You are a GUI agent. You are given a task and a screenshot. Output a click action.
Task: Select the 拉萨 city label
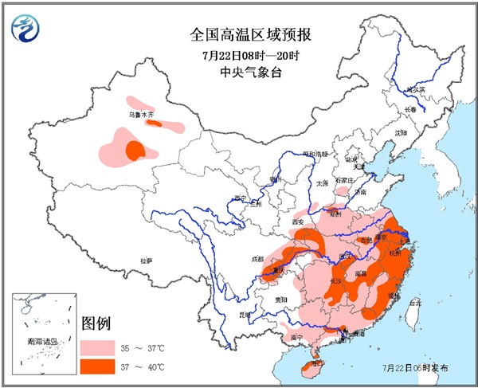tap(146, 261)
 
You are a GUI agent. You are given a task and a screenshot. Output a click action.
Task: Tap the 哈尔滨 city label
tap(417, 91)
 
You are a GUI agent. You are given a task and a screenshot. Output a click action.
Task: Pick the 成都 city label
tap(256, 259)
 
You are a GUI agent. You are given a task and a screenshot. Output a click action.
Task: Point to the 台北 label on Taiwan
tap(414, 303)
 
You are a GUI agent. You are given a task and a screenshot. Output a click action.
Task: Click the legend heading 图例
tap(96, 324)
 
